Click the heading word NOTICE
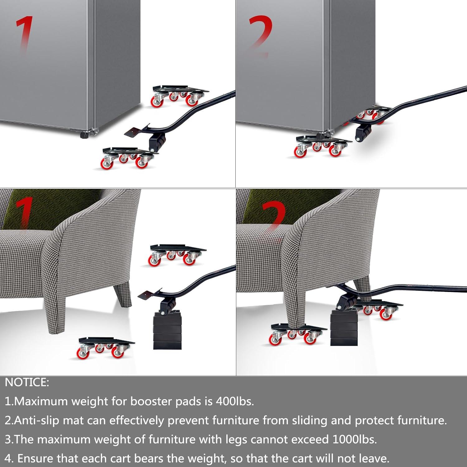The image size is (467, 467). (x=27, y=383)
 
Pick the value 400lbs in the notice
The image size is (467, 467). (x=235, y=401)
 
